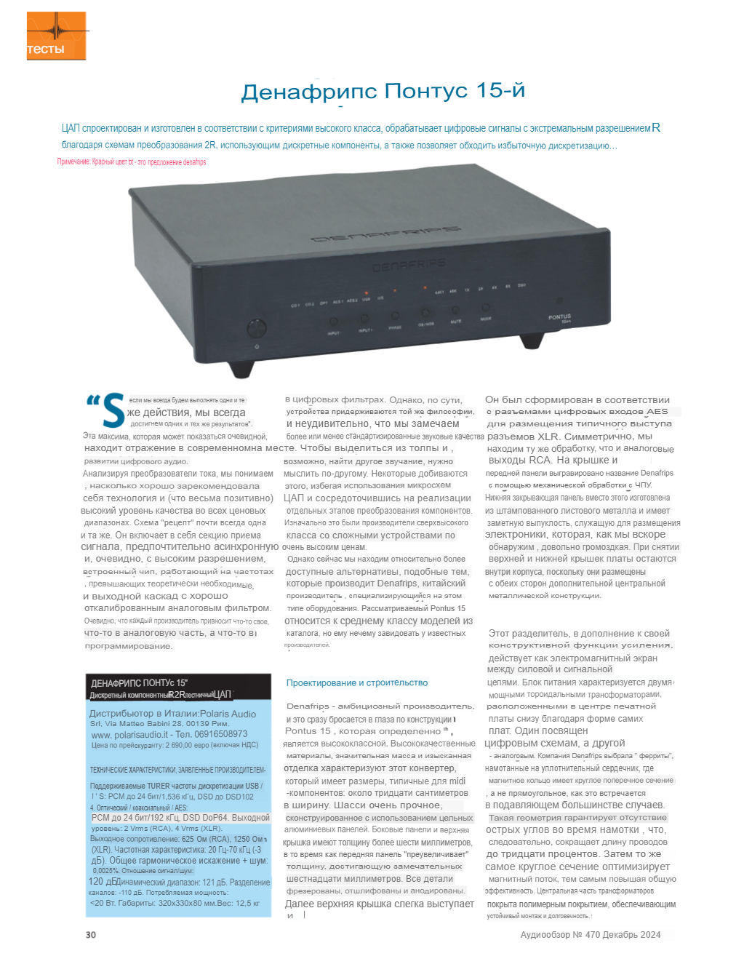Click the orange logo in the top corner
pos(57,36)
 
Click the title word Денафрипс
pos(309,92)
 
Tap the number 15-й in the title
pos(500,91)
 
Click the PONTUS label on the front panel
pos(559,317)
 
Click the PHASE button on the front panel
pos(395,317)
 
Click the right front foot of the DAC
pos(532,340)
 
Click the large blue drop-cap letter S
pos(113,411)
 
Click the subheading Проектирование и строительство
pos(357,682)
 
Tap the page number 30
pos(90,935)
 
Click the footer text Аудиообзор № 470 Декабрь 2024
pos(590,935)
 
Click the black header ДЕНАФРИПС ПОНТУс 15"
pos(139,683)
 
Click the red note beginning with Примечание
pos(131,162)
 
